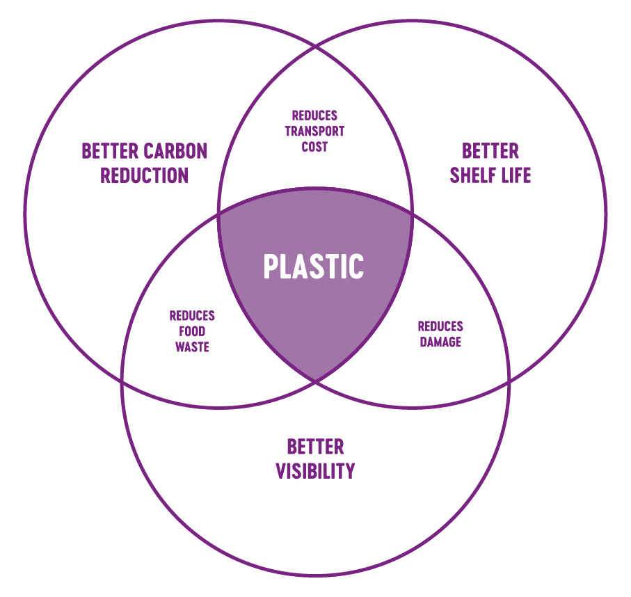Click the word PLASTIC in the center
click(314, 266)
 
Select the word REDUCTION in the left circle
click(144, 175)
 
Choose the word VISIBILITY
click(315, 471)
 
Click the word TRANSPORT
click(314, 132)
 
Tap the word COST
click(314, 147)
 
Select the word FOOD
click(192, 331)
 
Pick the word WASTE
click(192, 347)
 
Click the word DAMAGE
click(440, 342)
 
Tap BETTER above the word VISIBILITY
click(315, 446)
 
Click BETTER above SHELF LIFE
click(490, 151)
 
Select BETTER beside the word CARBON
click(110, 151)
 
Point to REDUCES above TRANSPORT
click(314, 116)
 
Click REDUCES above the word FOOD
click(192, 316)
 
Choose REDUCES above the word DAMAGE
click(440, 326)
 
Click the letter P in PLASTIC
click(271, 266)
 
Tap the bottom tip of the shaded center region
click(315, 381)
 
